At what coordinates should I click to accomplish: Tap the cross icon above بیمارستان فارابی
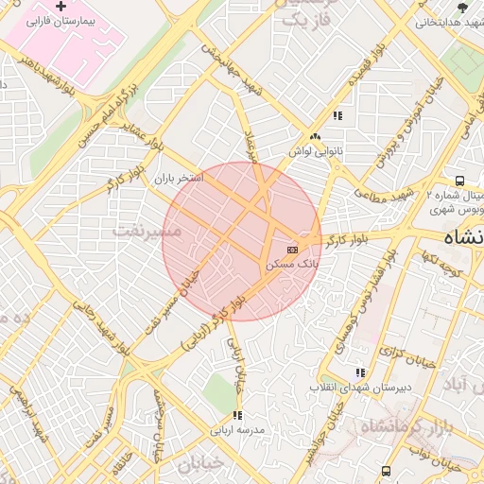62,7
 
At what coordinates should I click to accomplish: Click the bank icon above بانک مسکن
292,250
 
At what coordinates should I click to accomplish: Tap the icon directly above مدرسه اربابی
237,414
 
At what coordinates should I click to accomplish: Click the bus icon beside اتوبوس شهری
459,181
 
